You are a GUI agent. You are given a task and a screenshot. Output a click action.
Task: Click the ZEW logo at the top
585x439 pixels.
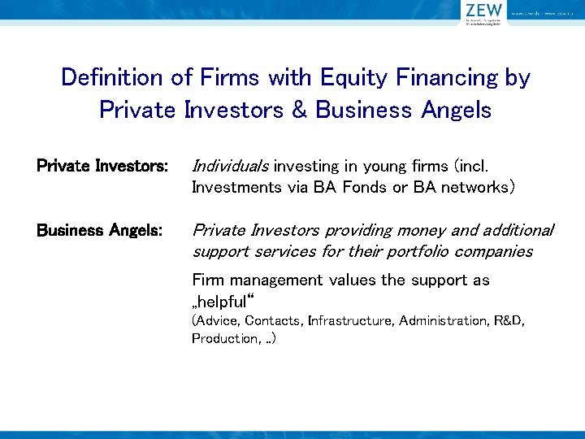pyautogui.click(x=483, y=11)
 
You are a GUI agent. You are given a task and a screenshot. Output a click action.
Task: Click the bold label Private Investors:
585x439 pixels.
pyautogui.click(x=102, y=167)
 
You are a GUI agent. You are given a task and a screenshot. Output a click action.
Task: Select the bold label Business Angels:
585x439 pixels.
pyautogui.click(x=100, y=231)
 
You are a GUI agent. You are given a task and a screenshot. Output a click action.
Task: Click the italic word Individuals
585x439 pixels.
pyautogui.click(x=230, y=167)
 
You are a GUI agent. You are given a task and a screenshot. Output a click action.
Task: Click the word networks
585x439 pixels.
pyautogui.click(x=471, y=187)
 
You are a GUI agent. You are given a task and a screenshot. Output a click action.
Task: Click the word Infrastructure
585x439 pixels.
pyautogui.click(x=349, y=321)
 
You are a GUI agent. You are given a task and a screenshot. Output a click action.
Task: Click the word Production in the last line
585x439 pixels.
pyautogui.click(x=223, y=338)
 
